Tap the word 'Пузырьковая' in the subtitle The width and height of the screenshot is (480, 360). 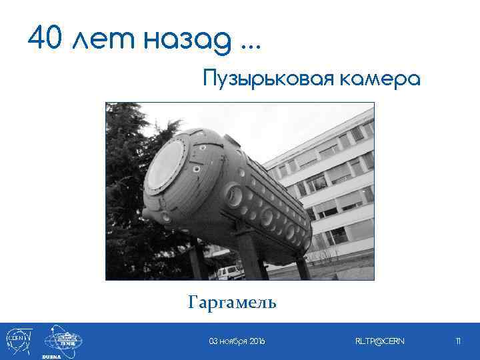click(x=267, y=80)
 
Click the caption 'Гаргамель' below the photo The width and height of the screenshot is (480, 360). click(x=232, y=303)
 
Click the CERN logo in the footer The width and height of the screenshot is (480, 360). click(x=17, y=339)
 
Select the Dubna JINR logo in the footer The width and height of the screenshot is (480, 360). click(x=63, y=339)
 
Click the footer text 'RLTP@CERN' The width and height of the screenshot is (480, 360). click(x=379, y=341)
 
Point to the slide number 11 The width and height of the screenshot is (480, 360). click(x=458, y=341)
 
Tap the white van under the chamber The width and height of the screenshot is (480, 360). click(x=229, y=271)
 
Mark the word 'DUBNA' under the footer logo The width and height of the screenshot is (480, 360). click(x=52, y=356)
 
